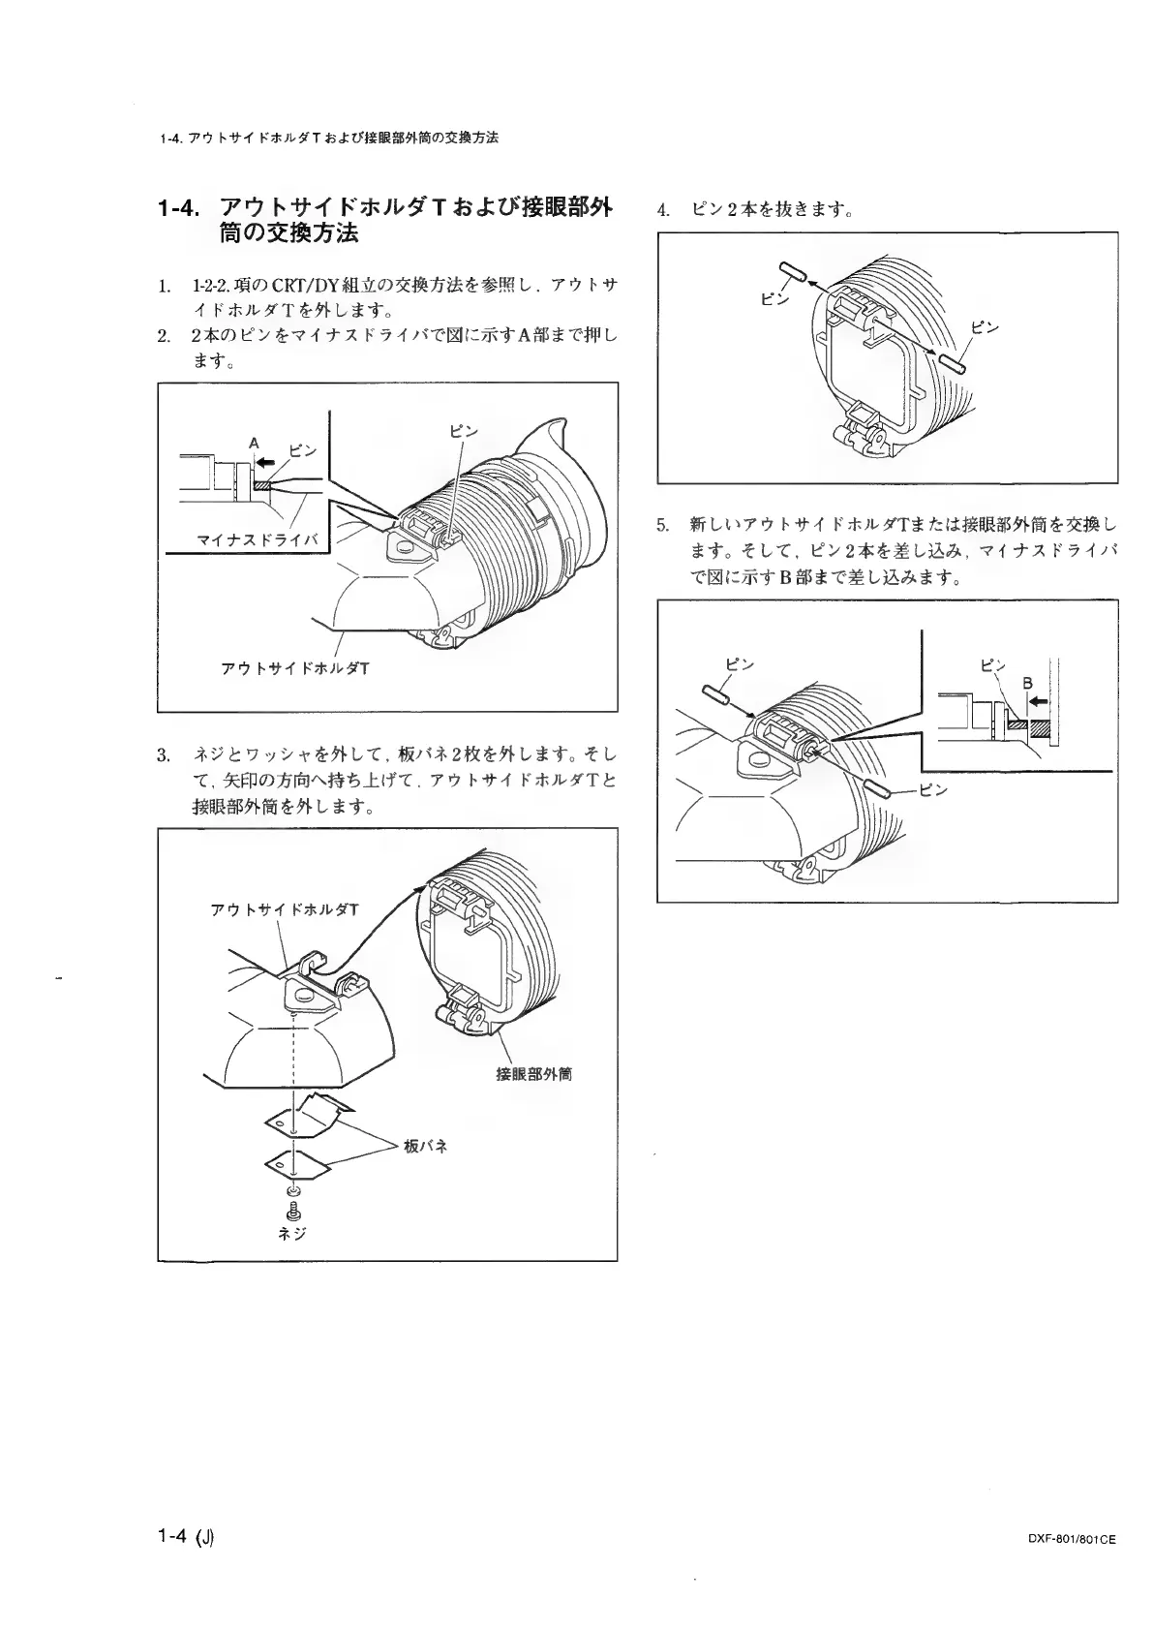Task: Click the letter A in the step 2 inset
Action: coord(254,443)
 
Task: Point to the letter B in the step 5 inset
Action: coord(1031,681)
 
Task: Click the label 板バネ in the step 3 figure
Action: coord(425,1146)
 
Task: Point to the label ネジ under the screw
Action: coord(292,1233)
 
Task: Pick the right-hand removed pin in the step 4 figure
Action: coord(950,362)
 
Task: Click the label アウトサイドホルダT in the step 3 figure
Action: coord(284,909)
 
